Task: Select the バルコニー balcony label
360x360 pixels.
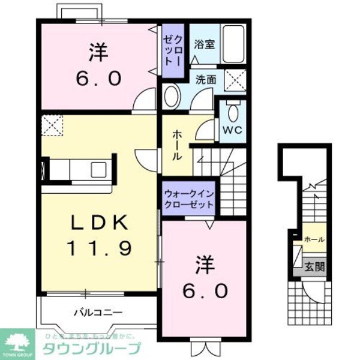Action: (x=98, y=313)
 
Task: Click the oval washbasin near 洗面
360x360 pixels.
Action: (x=172, y=96)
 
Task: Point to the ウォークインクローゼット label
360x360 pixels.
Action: (x=190, y=199)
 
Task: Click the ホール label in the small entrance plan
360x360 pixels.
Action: (x=314, y=239)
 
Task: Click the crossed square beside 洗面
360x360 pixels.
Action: (x=235, y=79)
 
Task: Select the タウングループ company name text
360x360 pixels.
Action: (x=90, y=349)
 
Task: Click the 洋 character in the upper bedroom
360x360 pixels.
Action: (x=99, y=54)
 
